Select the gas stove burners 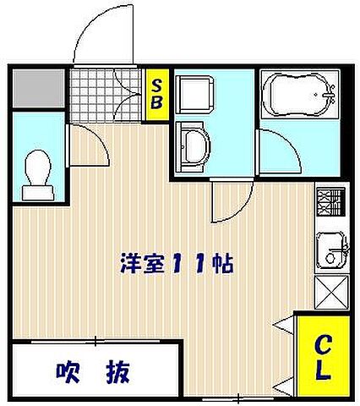click(x=328, y=204)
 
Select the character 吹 click(x=69, y=370)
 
